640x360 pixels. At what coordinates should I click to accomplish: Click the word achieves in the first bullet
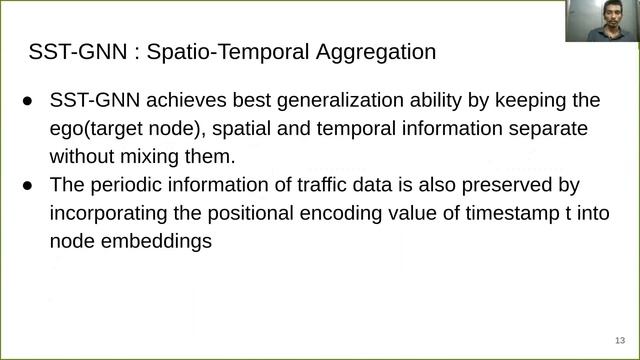[174, 102]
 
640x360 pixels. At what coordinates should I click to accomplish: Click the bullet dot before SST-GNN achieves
[28, 102]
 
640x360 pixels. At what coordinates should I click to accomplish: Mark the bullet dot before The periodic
[28, 185]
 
